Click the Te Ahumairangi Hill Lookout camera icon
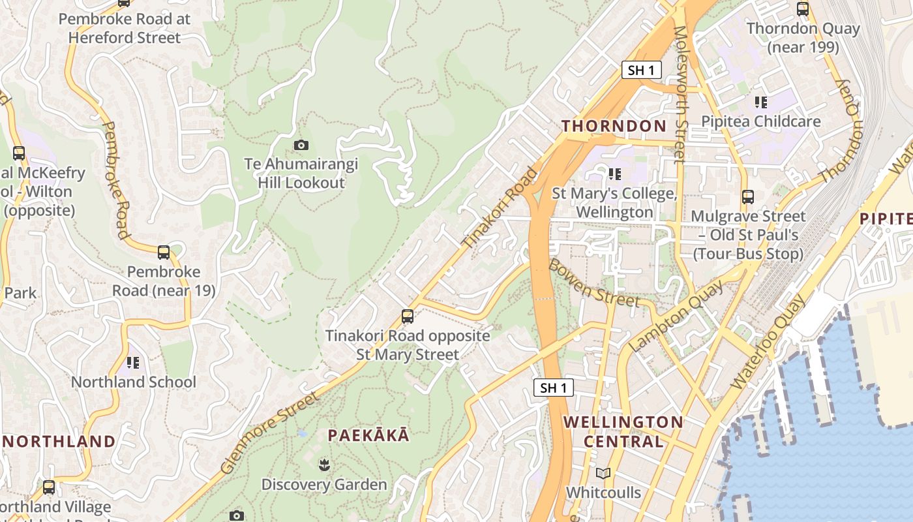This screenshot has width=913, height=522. (301, 145)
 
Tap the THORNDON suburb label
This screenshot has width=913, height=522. (614, 126)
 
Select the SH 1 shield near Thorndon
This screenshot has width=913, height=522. (641, 70)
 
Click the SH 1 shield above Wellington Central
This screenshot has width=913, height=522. (554, 388)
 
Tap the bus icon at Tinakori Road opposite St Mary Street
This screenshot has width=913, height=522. (408, 316)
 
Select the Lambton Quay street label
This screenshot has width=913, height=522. (676, 316)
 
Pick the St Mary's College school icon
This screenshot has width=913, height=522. (614, 174)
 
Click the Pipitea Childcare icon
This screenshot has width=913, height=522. (760, 102)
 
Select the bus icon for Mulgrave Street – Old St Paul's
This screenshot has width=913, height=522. (748, 196)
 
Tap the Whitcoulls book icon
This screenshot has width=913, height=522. (603, 473)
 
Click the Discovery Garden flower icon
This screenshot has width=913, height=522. (323, 465)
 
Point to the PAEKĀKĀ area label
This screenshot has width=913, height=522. (368, 435)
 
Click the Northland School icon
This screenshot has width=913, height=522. (133, 362)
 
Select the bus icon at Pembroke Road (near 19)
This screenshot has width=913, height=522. (164, 252)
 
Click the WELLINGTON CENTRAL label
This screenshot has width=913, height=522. (623, 431)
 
